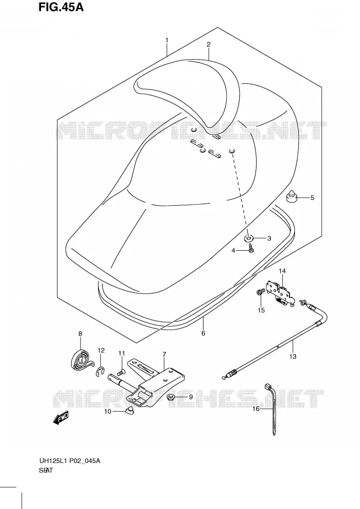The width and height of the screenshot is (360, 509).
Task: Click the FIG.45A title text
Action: (x=61, y=7)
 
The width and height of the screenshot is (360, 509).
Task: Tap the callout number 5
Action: (x=312, y=198)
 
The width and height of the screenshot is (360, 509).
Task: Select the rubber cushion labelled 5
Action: (x=291, y=197)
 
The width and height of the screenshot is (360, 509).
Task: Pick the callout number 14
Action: (x=281, y=271)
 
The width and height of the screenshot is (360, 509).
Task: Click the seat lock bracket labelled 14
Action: (x=280, y=293)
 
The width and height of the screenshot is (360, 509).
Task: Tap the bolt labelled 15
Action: (x=260, y=292)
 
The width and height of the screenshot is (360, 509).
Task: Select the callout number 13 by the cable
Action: (x=293, y=356)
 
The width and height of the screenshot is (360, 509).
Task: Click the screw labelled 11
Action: (x=121, y=373)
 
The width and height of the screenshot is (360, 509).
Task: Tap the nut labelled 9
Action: (x=170, y=397)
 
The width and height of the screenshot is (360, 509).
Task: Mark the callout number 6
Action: (x=203, y=333)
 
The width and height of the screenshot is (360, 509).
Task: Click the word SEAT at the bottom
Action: (x=45, y=471)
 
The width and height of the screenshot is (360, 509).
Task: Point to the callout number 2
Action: (x=209, y=44)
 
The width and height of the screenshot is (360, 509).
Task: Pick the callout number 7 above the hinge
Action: (x=164, y=354)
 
